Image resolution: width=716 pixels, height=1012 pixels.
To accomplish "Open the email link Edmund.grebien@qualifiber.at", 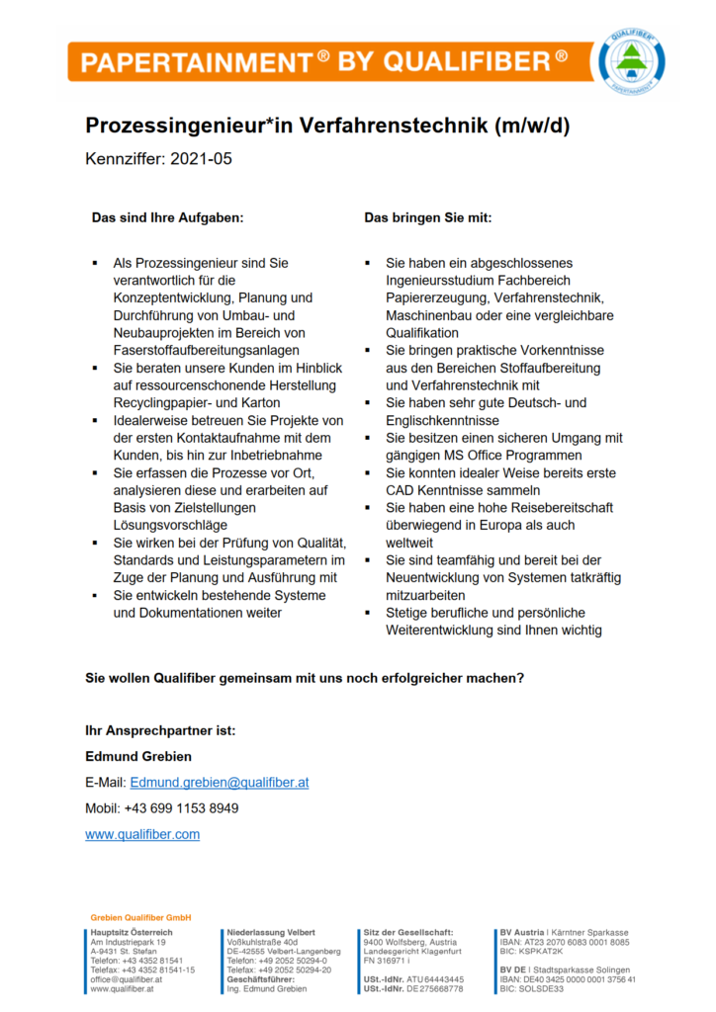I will point(220,782).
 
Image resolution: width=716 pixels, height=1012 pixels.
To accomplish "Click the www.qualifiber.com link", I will point(142,834).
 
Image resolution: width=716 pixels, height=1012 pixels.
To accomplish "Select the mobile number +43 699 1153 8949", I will point(181,808).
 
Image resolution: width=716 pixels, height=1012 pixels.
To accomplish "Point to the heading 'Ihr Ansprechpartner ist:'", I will point(160,731).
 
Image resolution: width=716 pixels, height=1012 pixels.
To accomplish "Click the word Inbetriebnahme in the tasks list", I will point(270,455).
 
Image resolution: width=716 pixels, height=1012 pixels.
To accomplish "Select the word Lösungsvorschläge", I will point(170,525).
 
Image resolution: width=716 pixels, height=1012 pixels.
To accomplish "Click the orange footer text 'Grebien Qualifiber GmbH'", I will point(140,917).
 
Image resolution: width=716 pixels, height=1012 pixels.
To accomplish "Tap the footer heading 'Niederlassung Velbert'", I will point(271,932).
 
